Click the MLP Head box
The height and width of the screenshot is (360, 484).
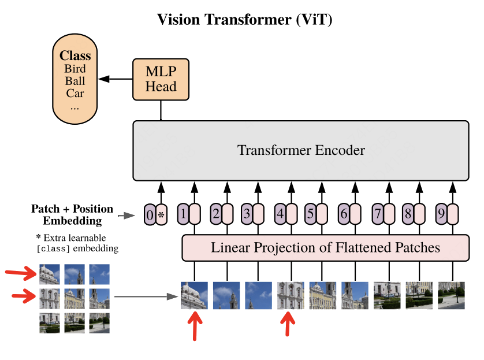pos(161,79)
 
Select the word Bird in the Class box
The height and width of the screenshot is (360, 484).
pos(75,69)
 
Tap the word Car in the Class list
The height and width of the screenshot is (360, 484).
pos(75,93)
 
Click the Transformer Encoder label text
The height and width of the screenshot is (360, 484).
pos(301,151)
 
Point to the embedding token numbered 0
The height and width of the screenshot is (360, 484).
pos(150,216)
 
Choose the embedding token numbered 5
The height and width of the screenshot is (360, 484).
pos(311,214)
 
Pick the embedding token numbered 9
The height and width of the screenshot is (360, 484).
pos(441,214)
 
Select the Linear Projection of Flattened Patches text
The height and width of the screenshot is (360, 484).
pos(325,248)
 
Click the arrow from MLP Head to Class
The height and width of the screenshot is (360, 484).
pos(118,79)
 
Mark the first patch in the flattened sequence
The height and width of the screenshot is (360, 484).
pos(194,295)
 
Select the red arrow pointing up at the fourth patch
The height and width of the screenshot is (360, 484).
pos(288,325)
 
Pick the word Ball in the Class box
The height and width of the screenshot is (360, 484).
pos(75,81)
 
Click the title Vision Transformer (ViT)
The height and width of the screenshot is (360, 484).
pos(245,20)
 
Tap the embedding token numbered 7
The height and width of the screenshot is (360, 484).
pos(378,214)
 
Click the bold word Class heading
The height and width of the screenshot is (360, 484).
pos(75,56)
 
